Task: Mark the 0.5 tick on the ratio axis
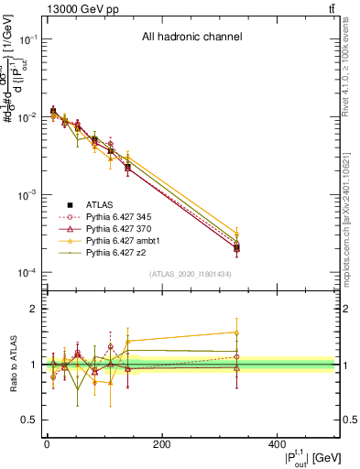click(x=29, y=420)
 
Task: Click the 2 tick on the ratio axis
click(x=33, y=309)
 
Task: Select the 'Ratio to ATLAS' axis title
click(x=12, y=364)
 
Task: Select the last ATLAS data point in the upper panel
click(x=236, y=247)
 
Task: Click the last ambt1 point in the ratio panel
click(x=236, y=333)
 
